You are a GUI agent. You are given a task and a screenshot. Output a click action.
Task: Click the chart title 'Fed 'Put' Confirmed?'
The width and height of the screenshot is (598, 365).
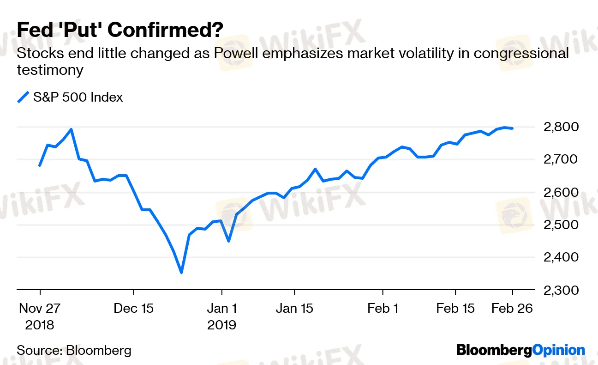[120, 30]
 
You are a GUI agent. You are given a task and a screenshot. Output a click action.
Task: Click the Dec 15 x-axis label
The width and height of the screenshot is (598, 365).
[133, 308]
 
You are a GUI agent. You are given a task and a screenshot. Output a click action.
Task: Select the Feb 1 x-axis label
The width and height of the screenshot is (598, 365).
[383, 308]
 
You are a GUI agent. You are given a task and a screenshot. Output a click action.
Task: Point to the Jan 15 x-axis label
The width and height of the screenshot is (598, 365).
[294, 308]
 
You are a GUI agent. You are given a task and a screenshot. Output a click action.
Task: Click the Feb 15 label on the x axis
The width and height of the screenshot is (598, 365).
[455, 308]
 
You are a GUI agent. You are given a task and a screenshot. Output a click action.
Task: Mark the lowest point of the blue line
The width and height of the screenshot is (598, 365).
[181, 272]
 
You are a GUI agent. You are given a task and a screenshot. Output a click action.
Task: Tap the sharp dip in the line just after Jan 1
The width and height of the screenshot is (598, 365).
[228, 241]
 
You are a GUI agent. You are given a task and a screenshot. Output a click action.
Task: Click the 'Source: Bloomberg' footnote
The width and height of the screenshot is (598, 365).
[74, 350]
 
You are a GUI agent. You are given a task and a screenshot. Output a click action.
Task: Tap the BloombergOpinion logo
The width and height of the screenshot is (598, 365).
[520, 350]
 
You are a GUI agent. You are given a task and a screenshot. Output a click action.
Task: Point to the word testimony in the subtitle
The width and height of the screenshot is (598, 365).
[50, 70]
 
